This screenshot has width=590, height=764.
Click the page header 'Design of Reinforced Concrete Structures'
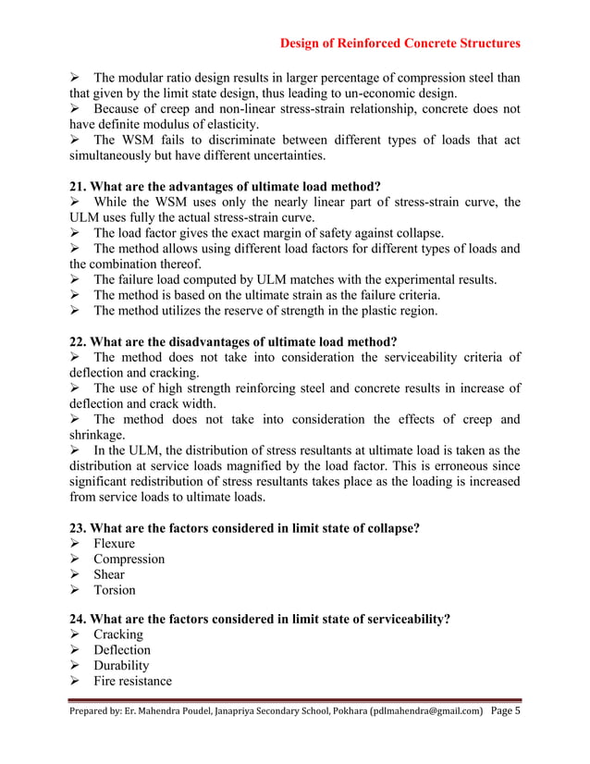399,43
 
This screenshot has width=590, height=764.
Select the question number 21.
79,185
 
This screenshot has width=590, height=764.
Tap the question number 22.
79,341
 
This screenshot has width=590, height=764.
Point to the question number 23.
79,528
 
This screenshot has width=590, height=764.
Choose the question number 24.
79,619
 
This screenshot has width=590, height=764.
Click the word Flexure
114,544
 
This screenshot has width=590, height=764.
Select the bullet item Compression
129,559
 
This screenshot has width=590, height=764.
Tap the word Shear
108,574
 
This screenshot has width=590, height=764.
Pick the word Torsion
114,590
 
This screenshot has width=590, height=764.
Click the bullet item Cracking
117,635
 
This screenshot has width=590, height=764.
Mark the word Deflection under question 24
121,650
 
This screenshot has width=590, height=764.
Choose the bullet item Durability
121,666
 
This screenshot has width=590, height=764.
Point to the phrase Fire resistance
132,682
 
